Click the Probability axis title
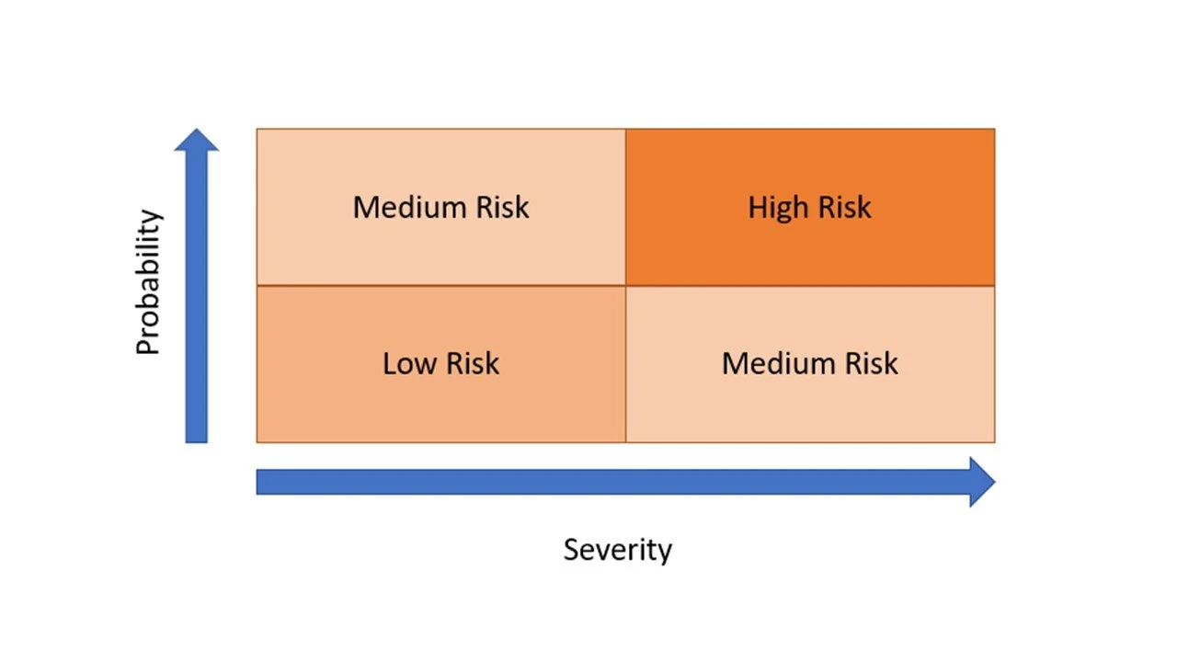(148, 283)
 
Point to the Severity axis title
(617, 550)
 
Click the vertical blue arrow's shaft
(197, 303)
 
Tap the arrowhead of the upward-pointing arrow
(197, 140)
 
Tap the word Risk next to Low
(470, 364)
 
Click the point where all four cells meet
(625, 286)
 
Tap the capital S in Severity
(571, 550)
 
